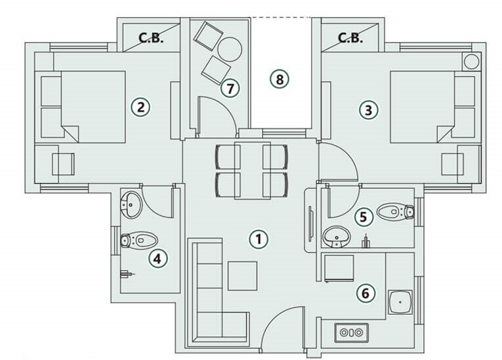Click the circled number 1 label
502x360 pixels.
(259, 239)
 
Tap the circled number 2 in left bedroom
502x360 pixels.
(140, 106)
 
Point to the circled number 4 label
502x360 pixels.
(156, 259)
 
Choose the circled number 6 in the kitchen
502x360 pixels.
(366, 293)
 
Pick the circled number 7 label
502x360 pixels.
(228, 87)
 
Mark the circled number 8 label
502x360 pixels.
(279, 79)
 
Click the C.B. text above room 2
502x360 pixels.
(150, 37)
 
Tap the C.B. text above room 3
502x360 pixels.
(350, 37)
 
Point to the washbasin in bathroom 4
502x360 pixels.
(131, 204)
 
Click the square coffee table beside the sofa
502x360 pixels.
(242, 275)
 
